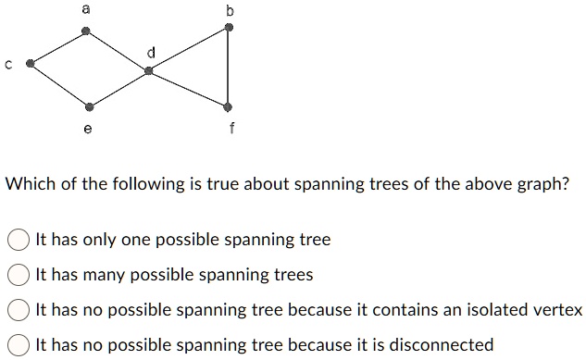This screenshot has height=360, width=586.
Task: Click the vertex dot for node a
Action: point(86,31)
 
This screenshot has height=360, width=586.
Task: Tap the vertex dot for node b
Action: point(230,28)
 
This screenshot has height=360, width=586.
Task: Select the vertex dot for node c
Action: point(31,64)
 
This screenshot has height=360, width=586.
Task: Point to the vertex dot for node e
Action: point(89,106)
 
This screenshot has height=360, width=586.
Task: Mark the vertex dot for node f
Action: point(229,106)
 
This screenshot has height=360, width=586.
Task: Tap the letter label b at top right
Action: point(230,11)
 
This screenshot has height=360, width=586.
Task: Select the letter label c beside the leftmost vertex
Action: point(8,64)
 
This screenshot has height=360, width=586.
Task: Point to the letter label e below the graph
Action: point(88,130)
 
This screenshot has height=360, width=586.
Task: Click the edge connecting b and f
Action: point(230,67)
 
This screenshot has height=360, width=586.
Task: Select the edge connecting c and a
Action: point(58,47)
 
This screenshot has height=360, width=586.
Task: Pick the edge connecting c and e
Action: point(59,85)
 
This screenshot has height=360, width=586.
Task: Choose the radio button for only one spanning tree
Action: point(19,241)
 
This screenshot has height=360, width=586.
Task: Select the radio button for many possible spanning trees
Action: point(19,275)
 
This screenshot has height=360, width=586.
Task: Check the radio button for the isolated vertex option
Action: point(19,310)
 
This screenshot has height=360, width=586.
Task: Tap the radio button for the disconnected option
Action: point(19,345)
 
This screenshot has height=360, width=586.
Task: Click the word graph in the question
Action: point(536,183)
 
